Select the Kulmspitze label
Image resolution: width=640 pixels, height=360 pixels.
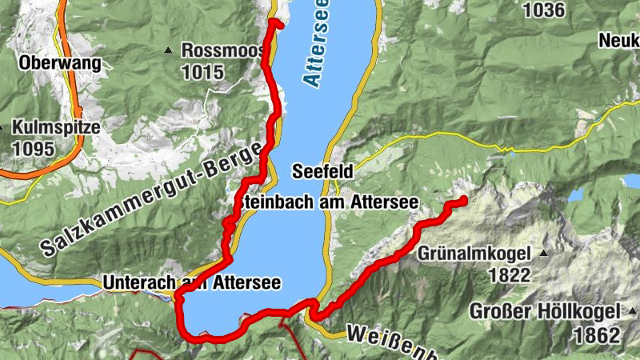pos(56,127)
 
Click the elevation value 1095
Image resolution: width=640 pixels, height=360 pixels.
pos(33,149)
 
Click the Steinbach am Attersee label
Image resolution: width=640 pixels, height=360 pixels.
pos(328,203)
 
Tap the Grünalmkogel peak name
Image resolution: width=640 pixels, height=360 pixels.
pos(474,254)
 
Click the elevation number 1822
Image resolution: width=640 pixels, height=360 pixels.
pos(507,276)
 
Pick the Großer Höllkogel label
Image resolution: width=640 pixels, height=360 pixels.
pos(545,311)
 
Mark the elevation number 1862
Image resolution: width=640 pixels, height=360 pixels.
pos(596,334)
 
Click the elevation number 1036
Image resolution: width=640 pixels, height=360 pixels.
pos(543,10)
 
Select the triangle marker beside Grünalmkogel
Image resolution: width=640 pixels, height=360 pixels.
pos(544,254)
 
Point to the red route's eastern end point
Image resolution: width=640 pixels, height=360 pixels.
pos(463,200)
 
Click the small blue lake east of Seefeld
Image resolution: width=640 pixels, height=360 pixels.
pos(576,194)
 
